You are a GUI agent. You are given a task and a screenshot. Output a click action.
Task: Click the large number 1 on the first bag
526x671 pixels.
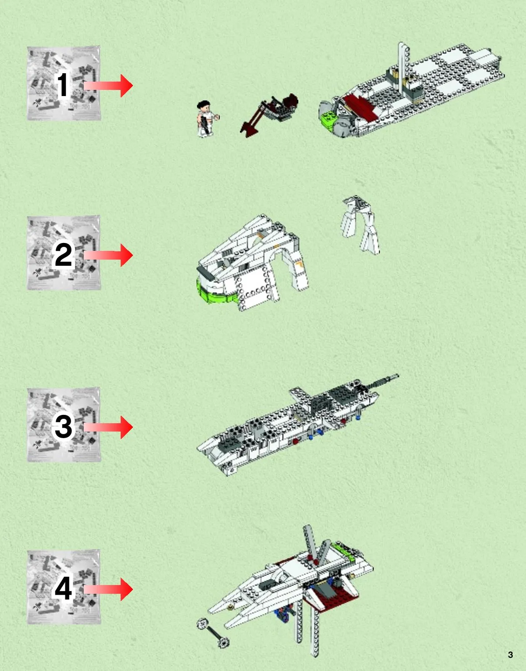click(63, 85)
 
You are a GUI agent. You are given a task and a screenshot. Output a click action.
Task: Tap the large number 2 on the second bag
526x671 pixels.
click(63, 255)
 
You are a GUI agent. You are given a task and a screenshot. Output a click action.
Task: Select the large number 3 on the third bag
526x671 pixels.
click(63, 427)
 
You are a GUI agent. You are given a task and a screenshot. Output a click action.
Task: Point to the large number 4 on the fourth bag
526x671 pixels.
click(64, 589)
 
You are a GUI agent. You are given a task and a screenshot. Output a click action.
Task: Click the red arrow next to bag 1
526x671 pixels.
click(108, 86)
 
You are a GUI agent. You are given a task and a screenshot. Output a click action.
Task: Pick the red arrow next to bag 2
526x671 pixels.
click(108, 255)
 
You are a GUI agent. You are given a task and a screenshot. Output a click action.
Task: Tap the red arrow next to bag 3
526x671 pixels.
click(108, 427)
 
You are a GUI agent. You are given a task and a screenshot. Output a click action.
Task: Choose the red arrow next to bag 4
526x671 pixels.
click(108, 589)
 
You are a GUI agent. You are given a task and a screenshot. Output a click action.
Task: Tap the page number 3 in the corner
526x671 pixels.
click(510, 655)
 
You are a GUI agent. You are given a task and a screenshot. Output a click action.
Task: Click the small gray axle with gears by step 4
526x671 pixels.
click(213, 633)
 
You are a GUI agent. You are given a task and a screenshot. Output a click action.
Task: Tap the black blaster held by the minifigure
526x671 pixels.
click(204, 124)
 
